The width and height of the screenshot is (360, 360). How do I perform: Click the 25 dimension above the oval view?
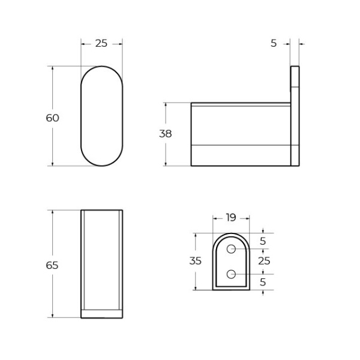point(101,43)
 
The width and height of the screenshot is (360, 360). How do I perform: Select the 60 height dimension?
point(53,118)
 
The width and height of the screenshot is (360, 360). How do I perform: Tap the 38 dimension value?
point(166,134)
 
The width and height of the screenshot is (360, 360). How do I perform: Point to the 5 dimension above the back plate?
point(274,43)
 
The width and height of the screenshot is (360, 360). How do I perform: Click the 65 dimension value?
point(53,265)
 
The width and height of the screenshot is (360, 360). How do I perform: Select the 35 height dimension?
point(196,261)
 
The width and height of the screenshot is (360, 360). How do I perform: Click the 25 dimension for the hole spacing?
point(264,261)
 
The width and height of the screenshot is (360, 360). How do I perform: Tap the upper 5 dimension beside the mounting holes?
point(263,241)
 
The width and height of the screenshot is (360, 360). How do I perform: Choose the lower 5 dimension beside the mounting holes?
point(263,281)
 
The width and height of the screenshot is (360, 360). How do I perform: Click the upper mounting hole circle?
point(230,248)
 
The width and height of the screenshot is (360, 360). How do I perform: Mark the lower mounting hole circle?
point(230,274)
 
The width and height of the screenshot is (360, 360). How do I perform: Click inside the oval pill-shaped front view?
point(102,116)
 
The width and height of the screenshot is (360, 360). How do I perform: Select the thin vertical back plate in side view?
point(295,116)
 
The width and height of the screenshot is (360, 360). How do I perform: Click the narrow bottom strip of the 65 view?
point(102,313)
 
